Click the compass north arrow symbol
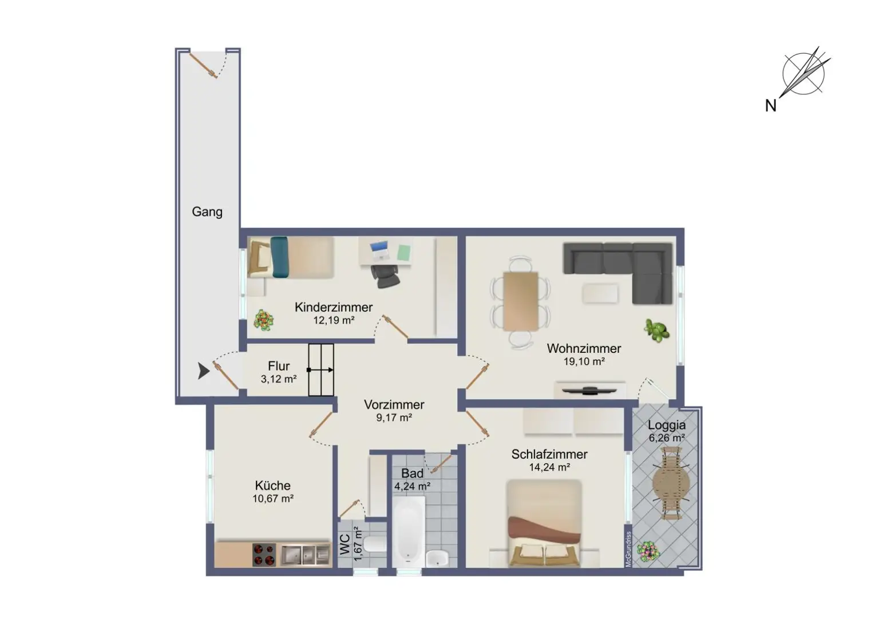pos(803,74)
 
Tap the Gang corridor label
pos(207,212)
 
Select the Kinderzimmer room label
pos(333,307)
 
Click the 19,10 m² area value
pos(584,361)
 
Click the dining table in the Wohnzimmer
pos(520,301)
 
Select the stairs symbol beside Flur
pos(321,370)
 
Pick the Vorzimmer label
pos(394,405)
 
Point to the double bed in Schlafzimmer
pos(544,523)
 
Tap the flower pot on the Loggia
pos(648,551)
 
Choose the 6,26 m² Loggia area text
pos(667,438)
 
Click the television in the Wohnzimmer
pos(589,391)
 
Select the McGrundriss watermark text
pos(628,549)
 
